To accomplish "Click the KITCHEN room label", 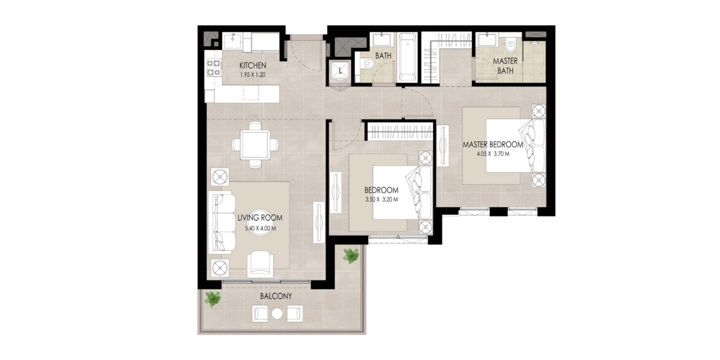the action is pos(253,66).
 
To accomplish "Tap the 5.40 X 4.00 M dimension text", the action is pos(260,228).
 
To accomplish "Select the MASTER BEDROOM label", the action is pos(493,145).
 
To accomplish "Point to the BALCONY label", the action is pos(276,296).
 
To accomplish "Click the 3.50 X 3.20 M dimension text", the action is pos(382,200).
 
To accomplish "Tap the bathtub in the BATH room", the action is pos(407,57).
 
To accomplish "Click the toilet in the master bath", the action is pos(510,45).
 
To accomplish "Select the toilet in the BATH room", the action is pos(366,63).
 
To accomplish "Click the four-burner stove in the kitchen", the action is pos(213,67).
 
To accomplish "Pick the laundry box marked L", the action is pos(340,70).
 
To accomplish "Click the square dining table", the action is pos(255,145).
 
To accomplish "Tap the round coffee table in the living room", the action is pos(260,223).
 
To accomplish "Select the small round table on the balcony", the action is pos(277,314).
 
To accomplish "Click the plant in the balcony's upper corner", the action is pos(351,256).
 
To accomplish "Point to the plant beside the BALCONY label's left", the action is pos(213,299).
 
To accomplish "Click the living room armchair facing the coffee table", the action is pos(260,264).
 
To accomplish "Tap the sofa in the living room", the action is pos(222,222).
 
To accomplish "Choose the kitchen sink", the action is pos(232,41).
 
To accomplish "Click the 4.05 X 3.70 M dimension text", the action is pos(493,154).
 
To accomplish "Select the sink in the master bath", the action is pos(487,40).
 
